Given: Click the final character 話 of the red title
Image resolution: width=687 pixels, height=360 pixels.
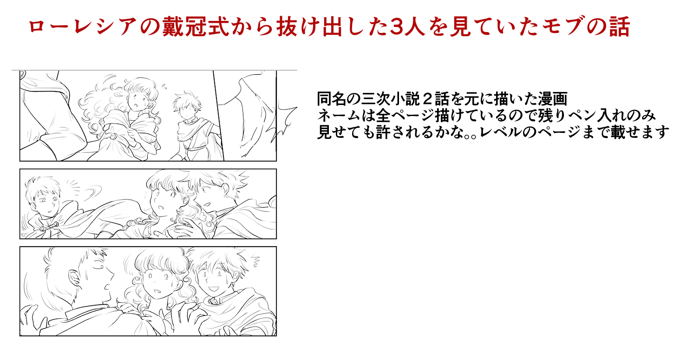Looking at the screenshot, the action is pos(620,26).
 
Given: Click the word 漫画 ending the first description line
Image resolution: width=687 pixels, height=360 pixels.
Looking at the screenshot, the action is pos(552,99).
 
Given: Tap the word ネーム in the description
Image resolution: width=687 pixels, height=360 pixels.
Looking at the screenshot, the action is pos(339,116).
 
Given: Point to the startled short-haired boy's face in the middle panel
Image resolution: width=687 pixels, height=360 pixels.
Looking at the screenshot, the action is pos(46,203).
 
